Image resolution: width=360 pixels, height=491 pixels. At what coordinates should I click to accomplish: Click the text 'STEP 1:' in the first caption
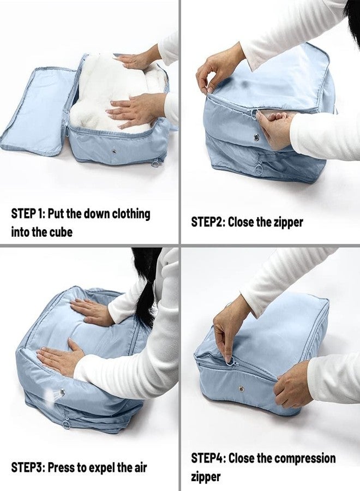pyautogui.click(x=28, y=213)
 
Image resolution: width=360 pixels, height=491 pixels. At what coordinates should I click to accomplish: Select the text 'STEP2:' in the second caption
pyautogui.click(x=208, y=222)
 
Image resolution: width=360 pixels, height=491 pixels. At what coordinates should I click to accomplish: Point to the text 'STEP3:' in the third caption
pyautogui.click(x=28, y=468)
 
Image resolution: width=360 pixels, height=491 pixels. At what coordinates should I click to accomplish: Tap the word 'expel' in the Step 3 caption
pyautogui.click(x=103, y=468)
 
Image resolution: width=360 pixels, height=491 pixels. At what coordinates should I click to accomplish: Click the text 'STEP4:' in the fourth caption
pyautogui.click(x=208, y=458)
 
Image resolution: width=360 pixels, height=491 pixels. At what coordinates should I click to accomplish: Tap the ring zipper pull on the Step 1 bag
pyautogui.click(x=157, y=162)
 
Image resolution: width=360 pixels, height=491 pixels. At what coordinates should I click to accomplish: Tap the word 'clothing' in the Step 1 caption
pyautogui.click(x=131, y=213)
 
